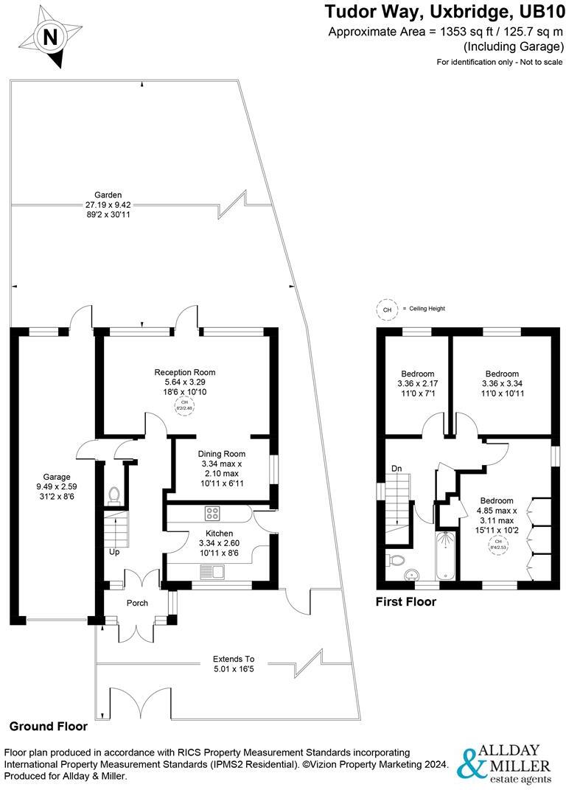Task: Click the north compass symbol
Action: pyautogui.click(x=49, y=38)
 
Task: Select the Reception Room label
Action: pyautogui.click(x=184, y=372)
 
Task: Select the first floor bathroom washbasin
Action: pyautogui.click(x=413, y=574)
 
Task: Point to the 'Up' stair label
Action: pyautogui.click(x=114, y=552)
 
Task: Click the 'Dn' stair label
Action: pyautogui.click(x=396, y=467)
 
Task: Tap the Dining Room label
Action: pyautogui.click(x=221, y=454)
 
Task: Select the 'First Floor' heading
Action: pyautogui.click(x=406, y=601)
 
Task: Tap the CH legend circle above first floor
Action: pyautogui.click(x=387, y=310)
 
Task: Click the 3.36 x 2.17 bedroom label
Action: pyautogui.click(x=417, y=383)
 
